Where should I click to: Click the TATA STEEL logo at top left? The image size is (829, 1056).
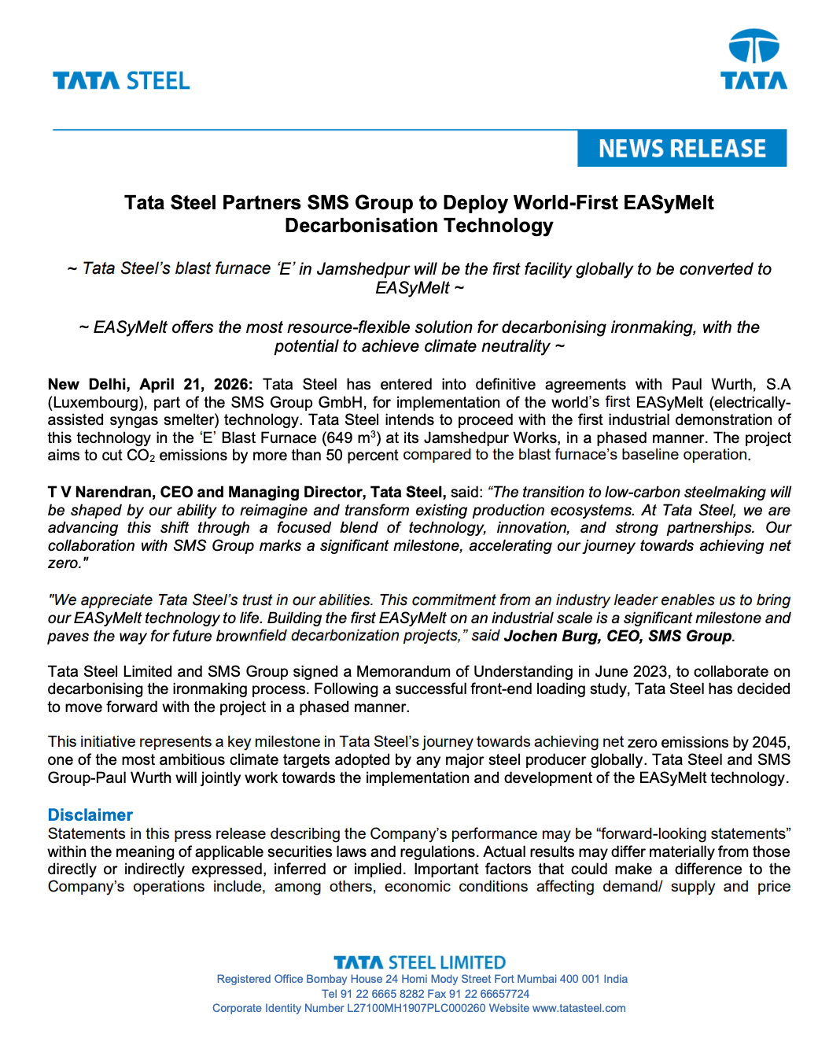click(121, 81)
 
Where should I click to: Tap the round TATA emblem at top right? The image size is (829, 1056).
click(753, 47)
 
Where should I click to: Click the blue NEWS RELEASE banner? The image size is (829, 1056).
click(682, 148)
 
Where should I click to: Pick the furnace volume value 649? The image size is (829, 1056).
click(337, 438)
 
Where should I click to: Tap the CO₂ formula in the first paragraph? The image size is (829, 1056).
click(141, 456)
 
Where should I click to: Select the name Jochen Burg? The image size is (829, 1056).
click(551, 636)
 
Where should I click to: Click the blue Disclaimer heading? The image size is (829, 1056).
click(90, 815)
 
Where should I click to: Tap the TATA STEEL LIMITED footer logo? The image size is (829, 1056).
click(419, 962)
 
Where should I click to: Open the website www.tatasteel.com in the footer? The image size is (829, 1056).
click(579, 1008)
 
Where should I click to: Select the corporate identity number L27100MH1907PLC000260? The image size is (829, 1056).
click(416, 1008)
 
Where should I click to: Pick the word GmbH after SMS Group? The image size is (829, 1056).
click(340, 403)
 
